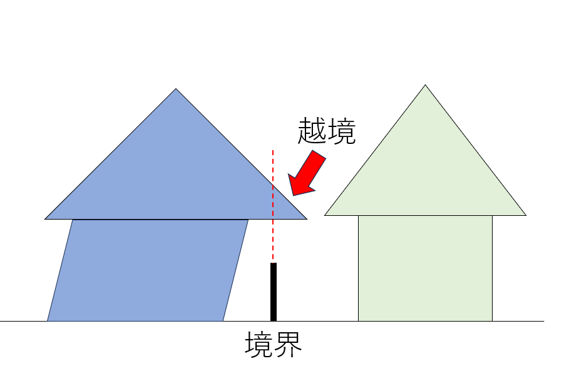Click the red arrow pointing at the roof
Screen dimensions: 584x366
click(307, 173)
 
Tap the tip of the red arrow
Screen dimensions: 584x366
click(294, 195)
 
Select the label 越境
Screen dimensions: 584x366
click(327, 131)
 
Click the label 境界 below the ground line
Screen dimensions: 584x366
click(274, 345)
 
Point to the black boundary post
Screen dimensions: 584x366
click(274, 292)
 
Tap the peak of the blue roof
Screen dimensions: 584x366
click(176, 89)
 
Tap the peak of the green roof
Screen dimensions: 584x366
click(426, 85)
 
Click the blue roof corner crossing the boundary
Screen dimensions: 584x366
click(307, 219)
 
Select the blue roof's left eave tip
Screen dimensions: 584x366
click(45, 219)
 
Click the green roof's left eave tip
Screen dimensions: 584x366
click(325, 215)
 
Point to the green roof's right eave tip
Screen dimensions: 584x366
click(526, 215)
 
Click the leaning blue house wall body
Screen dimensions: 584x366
click(148, 270)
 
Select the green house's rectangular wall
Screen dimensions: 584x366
click(426, 268)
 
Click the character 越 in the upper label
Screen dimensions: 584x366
click(312, 131)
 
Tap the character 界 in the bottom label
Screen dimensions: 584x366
click(288, 345)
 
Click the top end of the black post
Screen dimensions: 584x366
click(274, 263)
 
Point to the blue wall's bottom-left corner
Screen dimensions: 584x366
click(48, 320)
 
